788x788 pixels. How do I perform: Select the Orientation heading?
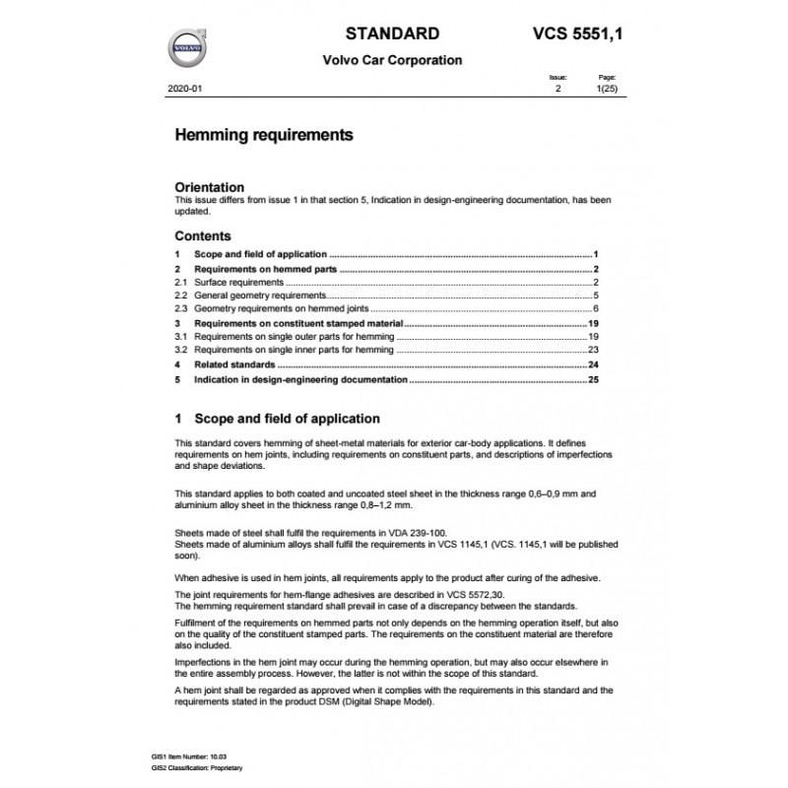click(x=209, y=186)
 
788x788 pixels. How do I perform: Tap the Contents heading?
click(x=203, y=236)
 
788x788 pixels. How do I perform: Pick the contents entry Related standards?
click(x=237, y=363)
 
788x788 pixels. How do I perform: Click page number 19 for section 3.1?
click(x=594, y=336)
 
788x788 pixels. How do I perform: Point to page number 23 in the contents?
click(x=594, y=350)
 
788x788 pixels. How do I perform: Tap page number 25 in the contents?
click(x=594, y=378)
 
